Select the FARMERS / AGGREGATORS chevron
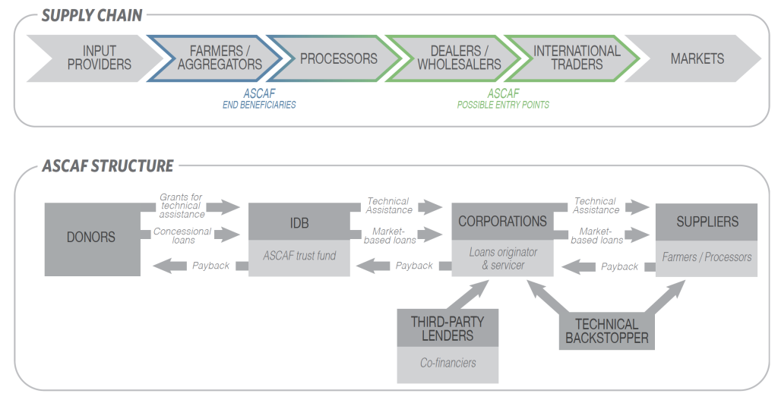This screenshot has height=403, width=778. click(x=220, y=58)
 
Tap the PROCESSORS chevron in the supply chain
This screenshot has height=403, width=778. click(x=338, y=58)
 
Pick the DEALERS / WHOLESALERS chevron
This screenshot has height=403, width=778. click(x=459, y=58)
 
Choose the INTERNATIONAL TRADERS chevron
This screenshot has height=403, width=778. click(x=577, y=58)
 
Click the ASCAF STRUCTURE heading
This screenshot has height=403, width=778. click(x=107, y=165)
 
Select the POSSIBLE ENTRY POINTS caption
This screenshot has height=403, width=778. click(x=503, y=105)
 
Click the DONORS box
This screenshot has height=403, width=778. click(x=93, y=238)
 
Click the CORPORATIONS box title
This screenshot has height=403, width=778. click(x=502, y=222)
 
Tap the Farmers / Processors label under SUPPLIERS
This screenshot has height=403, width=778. click(x=707, y=257)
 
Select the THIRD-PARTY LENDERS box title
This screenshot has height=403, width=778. click(x=448, y=329)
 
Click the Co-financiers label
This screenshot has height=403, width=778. click(x=448, y=363)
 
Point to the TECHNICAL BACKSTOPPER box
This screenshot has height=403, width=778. click(x=606, y=332)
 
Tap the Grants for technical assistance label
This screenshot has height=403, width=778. click(x=181, y=206)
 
